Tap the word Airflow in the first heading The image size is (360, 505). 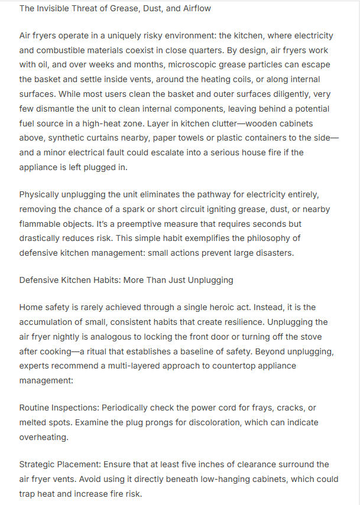click(195, 9)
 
